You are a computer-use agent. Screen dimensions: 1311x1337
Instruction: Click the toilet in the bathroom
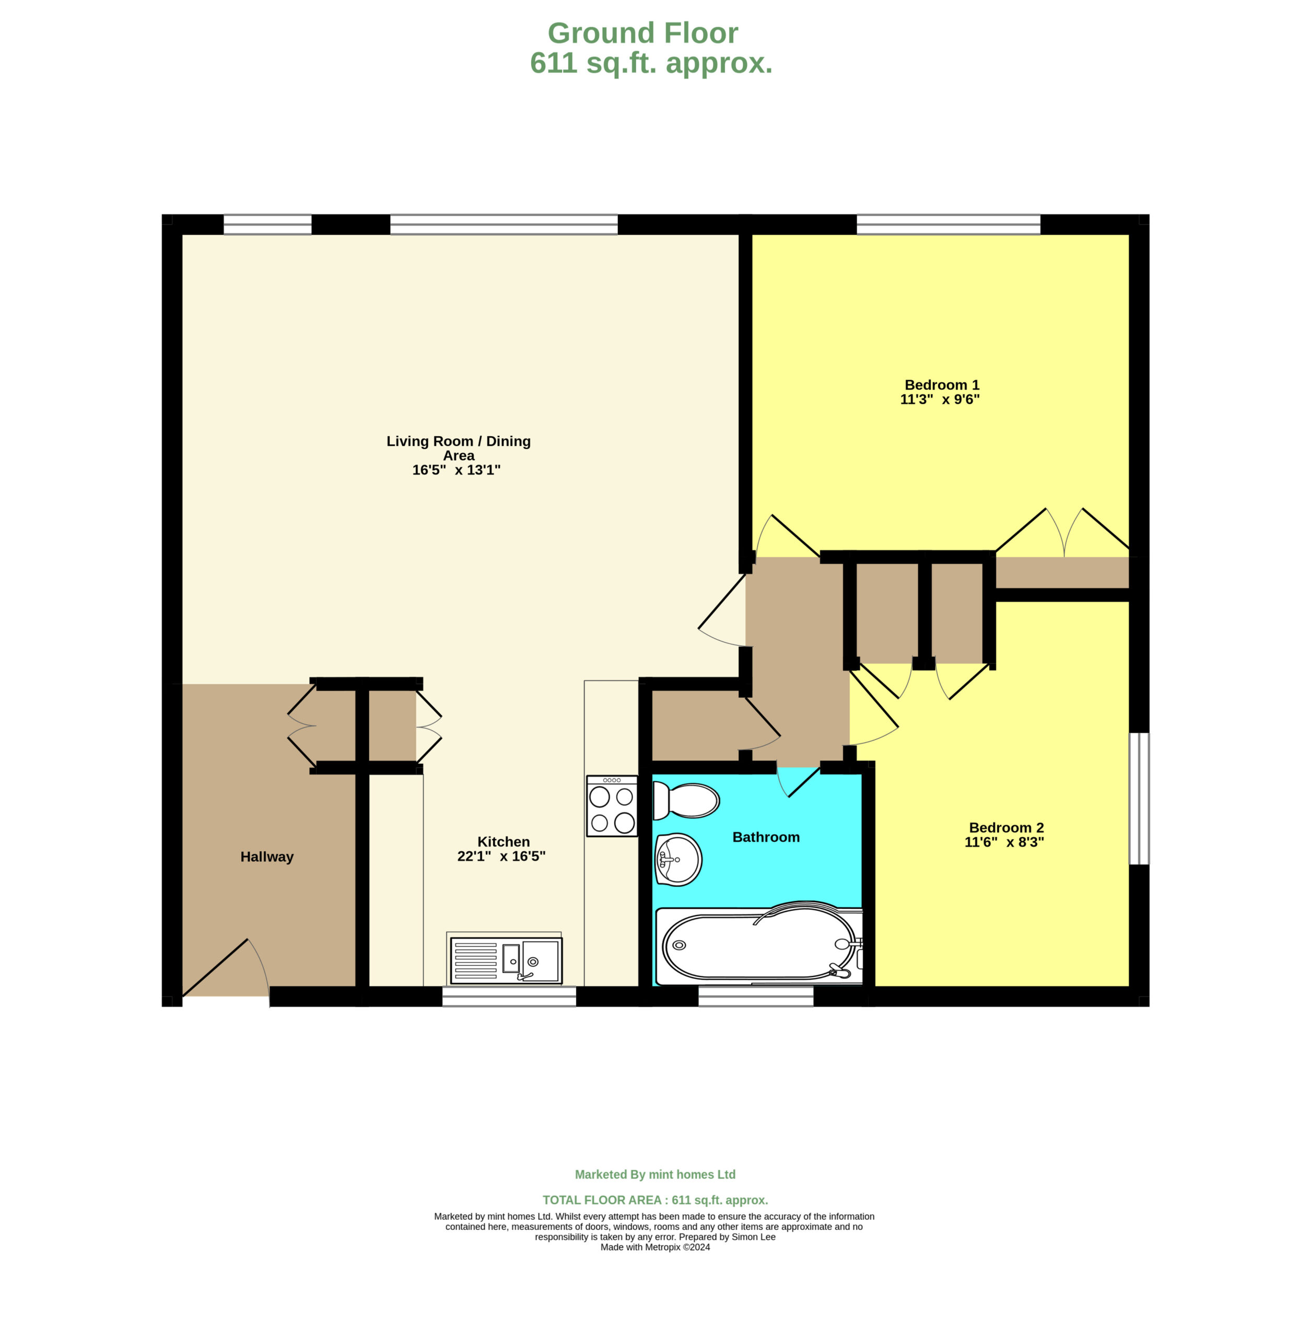[x=686, y=801]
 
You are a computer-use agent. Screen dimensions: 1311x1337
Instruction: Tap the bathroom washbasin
[x=678, y=859]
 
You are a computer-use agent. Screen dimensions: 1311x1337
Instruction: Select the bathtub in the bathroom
[x=759, y=944]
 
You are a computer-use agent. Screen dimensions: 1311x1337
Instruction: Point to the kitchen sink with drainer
[x=506, y=960]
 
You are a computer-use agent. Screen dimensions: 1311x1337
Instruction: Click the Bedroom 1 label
[x=942, y=385]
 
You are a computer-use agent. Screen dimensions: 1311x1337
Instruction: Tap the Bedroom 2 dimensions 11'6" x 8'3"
[x=1004, y=842]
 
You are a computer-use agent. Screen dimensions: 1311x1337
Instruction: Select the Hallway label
[x=267, y=857]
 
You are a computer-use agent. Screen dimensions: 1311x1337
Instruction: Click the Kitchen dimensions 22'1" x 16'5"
[x=501, y=857]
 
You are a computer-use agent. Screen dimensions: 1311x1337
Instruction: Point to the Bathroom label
[x=766, y=837]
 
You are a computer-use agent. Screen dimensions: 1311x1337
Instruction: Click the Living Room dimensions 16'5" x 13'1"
[x=456, y=470]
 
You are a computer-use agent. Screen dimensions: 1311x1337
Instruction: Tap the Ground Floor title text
[x=643, y=33]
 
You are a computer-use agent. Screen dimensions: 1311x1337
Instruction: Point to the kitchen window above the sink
[x=509, y=996]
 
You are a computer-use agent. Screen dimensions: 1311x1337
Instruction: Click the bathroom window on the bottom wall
[x=756, y=996]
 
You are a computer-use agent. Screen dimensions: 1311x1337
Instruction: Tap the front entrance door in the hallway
[x=226, y=967]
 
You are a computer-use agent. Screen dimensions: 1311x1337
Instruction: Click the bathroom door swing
[x=799, y=781]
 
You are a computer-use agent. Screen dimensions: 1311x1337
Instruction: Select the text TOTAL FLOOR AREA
[x=602, y=1200]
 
